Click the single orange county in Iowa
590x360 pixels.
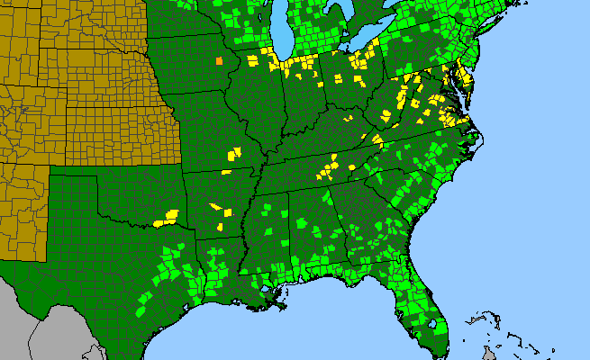(219, 61)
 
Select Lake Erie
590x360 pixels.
(379, 45)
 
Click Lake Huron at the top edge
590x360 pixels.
(338, 9)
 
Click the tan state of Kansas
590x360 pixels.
(117, 130)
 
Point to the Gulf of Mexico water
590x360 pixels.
(297, 337)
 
